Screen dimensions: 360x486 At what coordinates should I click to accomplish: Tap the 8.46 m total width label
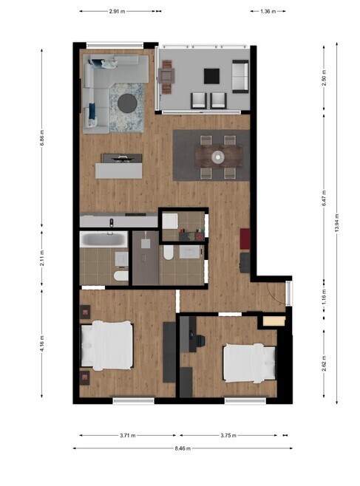click(183, 448)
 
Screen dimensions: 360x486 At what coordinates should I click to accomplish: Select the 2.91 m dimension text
click(117, 12)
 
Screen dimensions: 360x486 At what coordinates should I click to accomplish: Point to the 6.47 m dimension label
click(324, 199)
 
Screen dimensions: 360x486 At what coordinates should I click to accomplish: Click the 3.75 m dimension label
click(228, 436)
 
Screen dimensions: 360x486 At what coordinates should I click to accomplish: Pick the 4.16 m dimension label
click(42, 343)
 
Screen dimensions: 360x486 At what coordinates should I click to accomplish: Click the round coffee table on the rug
click(127, 103)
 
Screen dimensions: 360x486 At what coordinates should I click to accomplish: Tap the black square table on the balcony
click(211, 76)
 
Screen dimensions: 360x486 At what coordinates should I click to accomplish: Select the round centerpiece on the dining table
click(218, 157)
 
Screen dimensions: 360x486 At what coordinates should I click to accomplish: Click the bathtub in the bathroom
click(103, 239)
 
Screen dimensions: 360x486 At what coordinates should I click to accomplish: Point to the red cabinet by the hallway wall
click(245, 239)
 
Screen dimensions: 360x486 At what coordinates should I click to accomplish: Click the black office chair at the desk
click(200, 341)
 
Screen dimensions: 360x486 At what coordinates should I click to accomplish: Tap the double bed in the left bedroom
click(106, 346)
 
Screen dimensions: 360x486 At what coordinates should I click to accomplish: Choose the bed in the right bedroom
click(250, 363)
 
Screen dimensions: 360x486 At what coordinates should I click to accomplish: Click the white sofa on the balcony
click(240, 77)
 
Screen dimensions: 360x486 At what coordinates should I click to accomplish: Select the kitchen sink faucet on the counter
click(112, 222)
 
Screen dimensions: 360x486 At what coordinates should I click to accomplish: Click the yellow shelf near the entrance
click(274, 321)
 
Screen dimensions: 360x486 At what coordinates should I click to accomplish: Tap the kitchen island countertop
click(119, 171)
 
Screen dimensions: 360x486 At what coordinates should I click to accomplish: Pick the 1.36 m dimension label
click(268, 12)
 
